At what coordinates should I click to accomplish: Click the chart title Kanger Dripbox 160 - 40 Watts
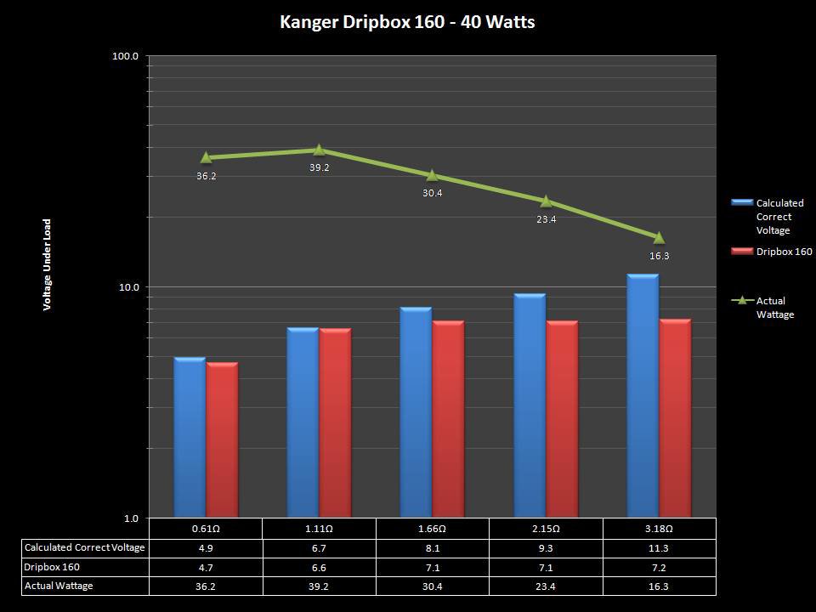coord(407,22)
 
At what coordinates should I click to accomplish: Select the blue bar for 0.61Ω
coord(190,438)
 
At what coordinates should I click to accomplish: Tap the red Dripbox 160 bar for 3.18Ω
coord(676,418)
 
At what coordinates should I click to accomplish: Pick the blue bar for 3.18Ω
coord(643,395)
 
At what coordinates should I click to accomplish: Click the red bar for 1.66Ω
coord(448,419)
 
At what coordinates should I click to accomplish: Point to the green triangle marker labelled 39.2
coord(319,150)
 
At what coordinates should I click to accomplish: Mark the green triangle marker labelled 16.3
coord(659,237)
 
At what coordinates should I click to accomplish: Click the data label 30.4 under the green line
coord(432,193)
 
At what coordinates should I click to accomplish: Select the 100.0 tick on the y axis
coord(125,56)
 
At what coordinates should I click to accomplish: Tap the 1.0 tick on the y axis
coord(130,518)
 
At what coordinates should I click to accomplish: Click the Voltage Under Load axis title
coord(48,264)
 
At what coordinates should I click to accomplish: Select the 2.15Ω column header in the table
coord(546,528)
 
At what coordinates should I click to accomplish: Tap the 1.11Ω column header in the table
coord(319,528)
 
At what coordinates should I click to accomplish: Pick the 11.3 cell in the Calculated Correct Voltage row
coord(659,547)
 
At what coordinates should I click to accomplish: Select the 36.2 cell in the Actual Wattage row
coord(206,586)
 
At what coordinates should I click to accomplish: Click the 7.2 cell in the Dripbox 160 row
coord(659,567)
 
